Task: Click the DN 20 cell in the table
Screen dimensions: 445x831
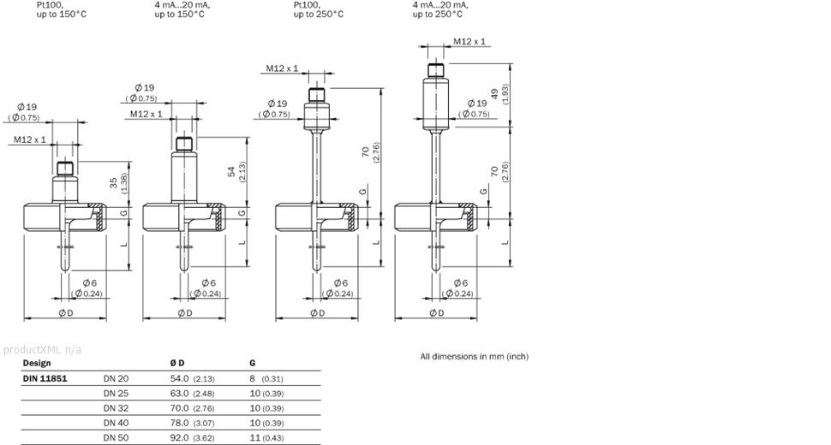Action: (116, 377)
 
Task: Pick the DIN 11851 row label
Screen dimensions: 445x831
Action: (45, 377)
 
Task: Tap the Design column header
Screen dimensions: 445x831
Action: (36, 363)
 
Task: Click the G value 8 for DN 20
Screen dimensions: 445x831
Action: (252, 377)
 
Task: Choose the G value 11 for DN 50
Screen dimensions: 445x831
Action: (254, 438)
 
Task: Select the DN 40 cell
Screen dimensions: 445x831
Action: (116, 423)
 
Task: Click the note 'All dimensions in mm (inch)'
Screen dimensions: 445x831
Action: (473, 355)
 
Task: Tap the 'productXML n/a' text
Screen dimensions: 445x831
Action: (42, 349)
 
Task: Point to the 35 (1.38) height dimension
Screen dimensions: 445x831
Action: (116, 184)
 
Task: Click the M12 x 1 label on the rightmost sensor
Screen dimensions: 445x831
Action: (469, 41)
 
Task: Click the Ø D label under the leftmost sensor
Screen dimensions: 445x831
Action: (64, 313)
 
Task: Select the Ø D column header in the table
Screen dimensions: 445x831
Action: (177, 363)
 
